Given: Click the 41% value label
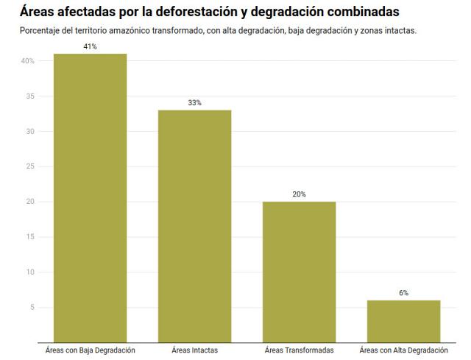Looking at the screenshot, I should pyautogui.click(x=90, y=46).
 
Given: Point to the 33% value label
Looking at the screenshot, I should pyautogui.click(x=194, y=102).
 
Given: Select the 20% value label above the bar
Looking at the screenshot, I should pyautogui.click(x=299, y=194).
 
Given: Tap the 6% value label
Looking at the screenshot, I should pyautogui.click(x=403, y=293).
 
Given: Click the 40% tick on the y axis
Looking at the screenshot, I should pyautogui.click(x=27, y=61).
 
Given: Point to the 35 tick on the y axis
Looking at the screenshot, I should pyautogui.click(x=29, y=96).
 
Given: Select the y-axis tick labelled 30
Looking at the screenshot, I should pyautogui.click(x=29, y=132).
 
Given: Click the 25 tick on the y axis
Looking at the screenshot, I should pyautogui.click(x=29, y=166).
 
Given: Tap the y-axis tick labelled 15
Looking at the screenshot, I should pyautogui.click(x=29, y=237).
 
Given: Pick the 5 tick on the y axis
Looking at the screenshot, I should pyautogui.click(x=32, y=308).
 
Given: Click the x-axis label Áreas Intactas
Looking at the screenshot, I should pyautogui.click(x=194, y=350).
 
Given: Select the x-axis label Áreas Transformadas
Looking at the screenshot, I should pyautogui.click(x=299, y=350).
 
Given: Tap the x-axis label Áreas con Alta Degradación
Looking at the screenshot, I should pyautogui.click(x=403, y=350).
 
